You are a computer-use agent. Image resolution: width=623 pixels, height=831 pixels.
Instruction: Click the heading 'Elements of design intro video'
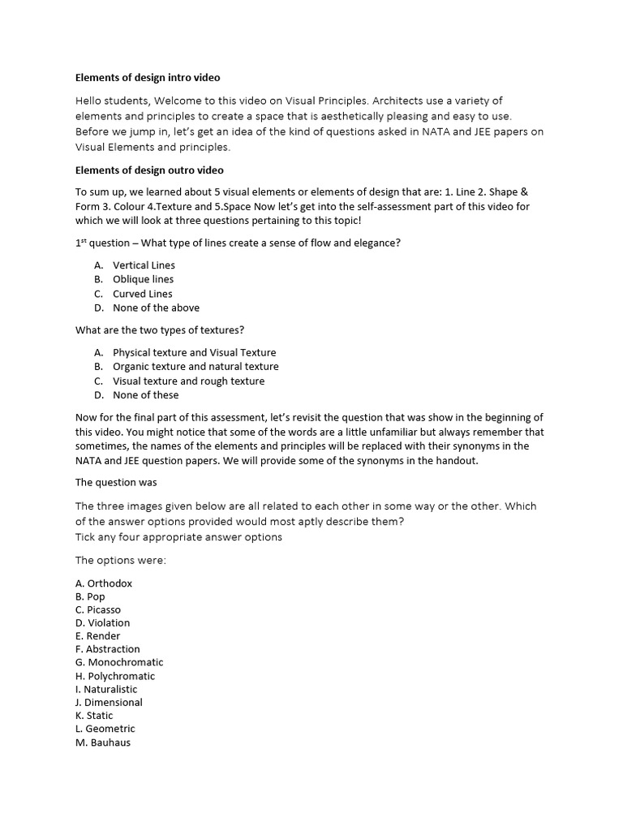pyautogui.click(x=148, y=78)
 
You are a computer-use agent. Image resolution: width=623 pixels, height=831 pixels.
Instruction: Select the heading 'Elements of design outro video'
pyautogui.click(x=149, y=170)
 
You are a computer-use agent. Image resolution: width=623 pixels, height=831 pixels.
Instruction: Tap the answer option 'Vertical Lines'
pyautogui.click(x=144, y=265)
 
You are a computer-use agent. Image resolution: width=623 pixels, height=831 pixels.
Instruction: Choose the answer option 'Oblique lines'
pyautogui.click(x=143, y=279)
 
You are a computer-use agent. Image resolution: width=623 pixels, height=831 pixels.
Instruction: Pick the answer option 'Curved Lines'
pyautogui.click(x=142, y=294)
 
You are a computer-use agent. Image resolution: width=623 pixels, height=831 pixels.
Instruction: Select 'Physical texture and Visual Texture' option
pyautogui.click(x=194, y=352)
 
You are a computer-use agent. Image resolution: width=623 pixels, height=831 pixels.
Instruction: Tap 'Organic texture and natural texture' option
pyautogui.click(x=195, y=367)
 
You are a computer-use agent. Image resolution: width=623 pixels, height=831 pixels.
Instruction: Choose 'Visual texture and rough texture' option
pyautogui.click(x=188, y=381)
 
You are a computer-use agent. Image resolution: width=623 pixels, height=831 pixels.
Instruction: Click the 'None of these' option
pyautogui.click(x=145, y=395)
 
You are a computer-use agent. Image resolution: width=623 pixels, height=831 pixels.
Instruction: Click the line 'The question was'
pyautogui.click(x=116, y=482)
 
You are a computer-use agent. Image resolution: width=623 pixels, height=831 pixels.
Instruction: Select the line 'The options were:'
pyautogui.click(x=120, y=560)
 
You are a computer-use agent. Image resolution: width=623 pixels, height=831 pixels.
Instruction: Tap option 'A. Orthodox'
pyautogui.click(x=104, y=583)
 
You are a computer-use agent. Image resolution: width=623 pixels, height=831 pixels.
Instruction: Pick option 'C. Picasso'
pyautogui.click(x=101, y=609)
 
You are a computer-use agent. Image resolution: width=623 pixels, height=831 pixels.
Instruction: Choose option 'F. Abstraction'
pyautogui.click(x=108, y=649)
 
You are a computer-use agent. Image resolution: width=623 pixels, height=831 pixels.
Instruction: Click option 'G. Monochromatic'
pyautogui.click(x=119, y=662)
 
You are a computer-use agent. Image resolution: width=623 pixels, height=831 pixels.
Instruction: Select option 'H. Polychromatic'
pyautogui.click(x=115, y=676)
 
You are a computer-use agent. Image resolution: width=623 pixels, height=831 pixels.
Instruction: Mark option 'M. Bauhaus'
pyautogui.click(x=103, y=742)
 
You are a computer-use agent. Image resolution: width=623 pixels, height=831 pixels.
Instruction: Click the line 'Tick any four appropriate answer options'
pyautogui.click(x=178, y=536)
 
